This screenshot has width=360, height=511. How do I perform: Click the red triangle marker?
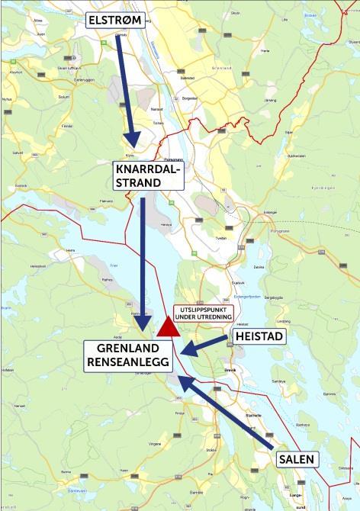[x=169, y=326]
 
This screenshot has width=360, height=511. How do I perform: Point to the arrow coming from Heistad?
[x=207, y=345]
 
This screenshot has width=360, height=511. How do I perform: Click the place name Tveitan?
[x=222, y=237]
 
